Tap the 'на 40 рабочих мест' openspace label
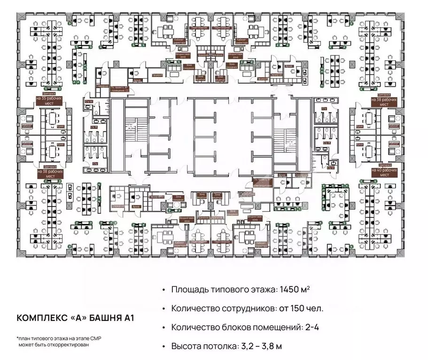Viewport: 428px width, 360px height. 384,172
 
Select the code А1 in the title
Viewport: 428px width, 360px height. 129,318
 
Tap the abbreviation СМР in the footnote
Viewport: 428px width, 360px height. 106,338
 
